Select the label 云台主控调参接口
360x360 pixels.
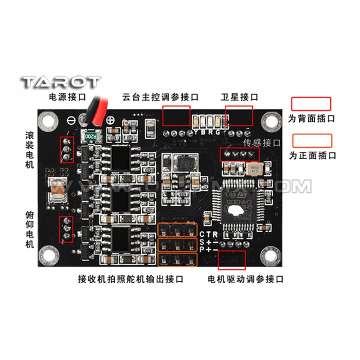(160, 97)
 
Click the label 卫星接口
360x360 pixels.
(240, 97)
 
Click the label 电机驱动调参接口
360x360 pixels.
(246, 279)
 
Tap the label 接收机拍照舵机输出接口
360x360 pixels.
(130, 279)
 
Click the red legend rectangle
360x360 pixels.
(311, 104)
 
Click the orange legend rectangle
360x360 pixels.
(312, 141)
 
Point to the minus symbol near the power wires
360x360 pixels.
(72, 120)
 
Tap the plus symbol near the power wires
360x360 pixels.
(110, 120)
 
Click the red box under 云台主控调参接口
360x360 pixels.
(176, 116)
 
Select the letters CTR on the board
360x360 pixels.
(209, 234)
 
